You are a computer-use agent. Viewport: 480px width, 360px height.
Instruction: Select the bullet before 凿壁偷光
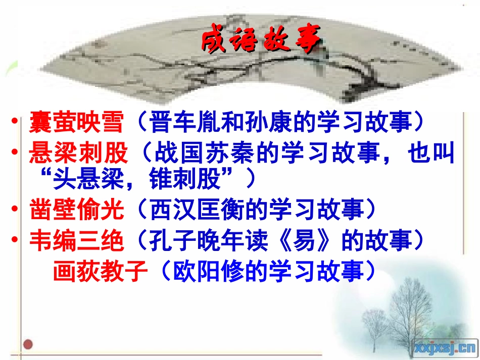(18, 210)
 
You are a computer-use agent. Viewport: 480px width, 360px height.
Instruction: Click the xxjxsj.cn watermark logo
(445, 347)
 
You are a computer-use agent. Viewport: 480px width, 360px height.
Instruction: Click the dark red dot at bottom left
(28, 345)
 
